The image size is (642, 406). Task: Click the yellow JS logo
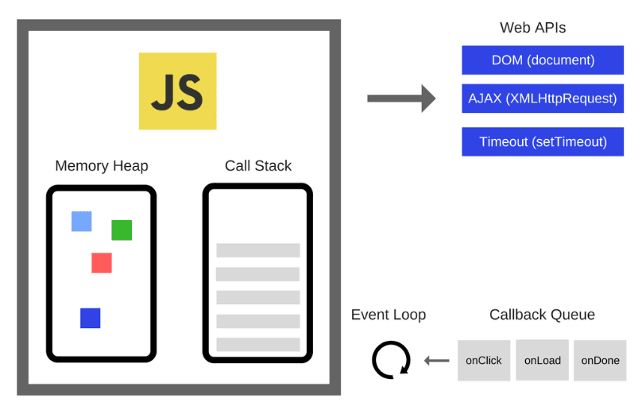(x=177, y=91)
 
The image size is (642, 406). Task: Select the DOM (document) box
(x=543, y=60)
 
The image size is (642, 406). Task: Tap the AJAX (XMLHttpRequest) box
(x=543, y=99)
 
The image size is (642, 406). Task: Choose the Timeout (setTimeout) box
(x=543, y=141)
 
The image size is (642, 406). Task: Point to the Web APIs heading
(x=532, y=28)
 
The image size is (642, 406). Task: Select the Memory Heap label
(x=102, y=166)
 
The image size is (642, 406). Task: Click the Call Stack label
(x=258, y=166)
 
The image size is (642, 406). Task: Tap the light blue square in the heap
(x=82, y=222)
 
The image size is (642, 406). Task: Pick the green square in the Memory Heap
(x=122, y=230)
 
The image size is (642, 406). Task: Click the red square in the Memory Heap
(x=102, y=263)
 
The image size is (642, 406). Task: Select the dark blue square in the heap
(x=91, y=318)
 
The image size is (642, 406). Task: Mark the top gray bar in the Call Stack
(x=258, y=250)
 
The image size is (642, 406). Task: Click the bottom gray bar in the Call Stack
(x=258, y=345)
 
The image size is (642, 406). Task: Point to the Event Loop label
(x=389, y=315)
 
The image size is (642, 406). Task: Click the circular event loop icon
(x=391, y=360)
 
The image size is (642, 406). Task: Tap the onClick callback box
(x=484, y=360)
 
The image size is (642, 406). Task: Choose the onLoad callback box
(x=543, y=360)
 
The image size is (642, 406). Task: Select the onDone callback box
(x=600, y=360)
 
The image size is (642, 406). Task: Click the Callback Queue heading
(x=542, y=315)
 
